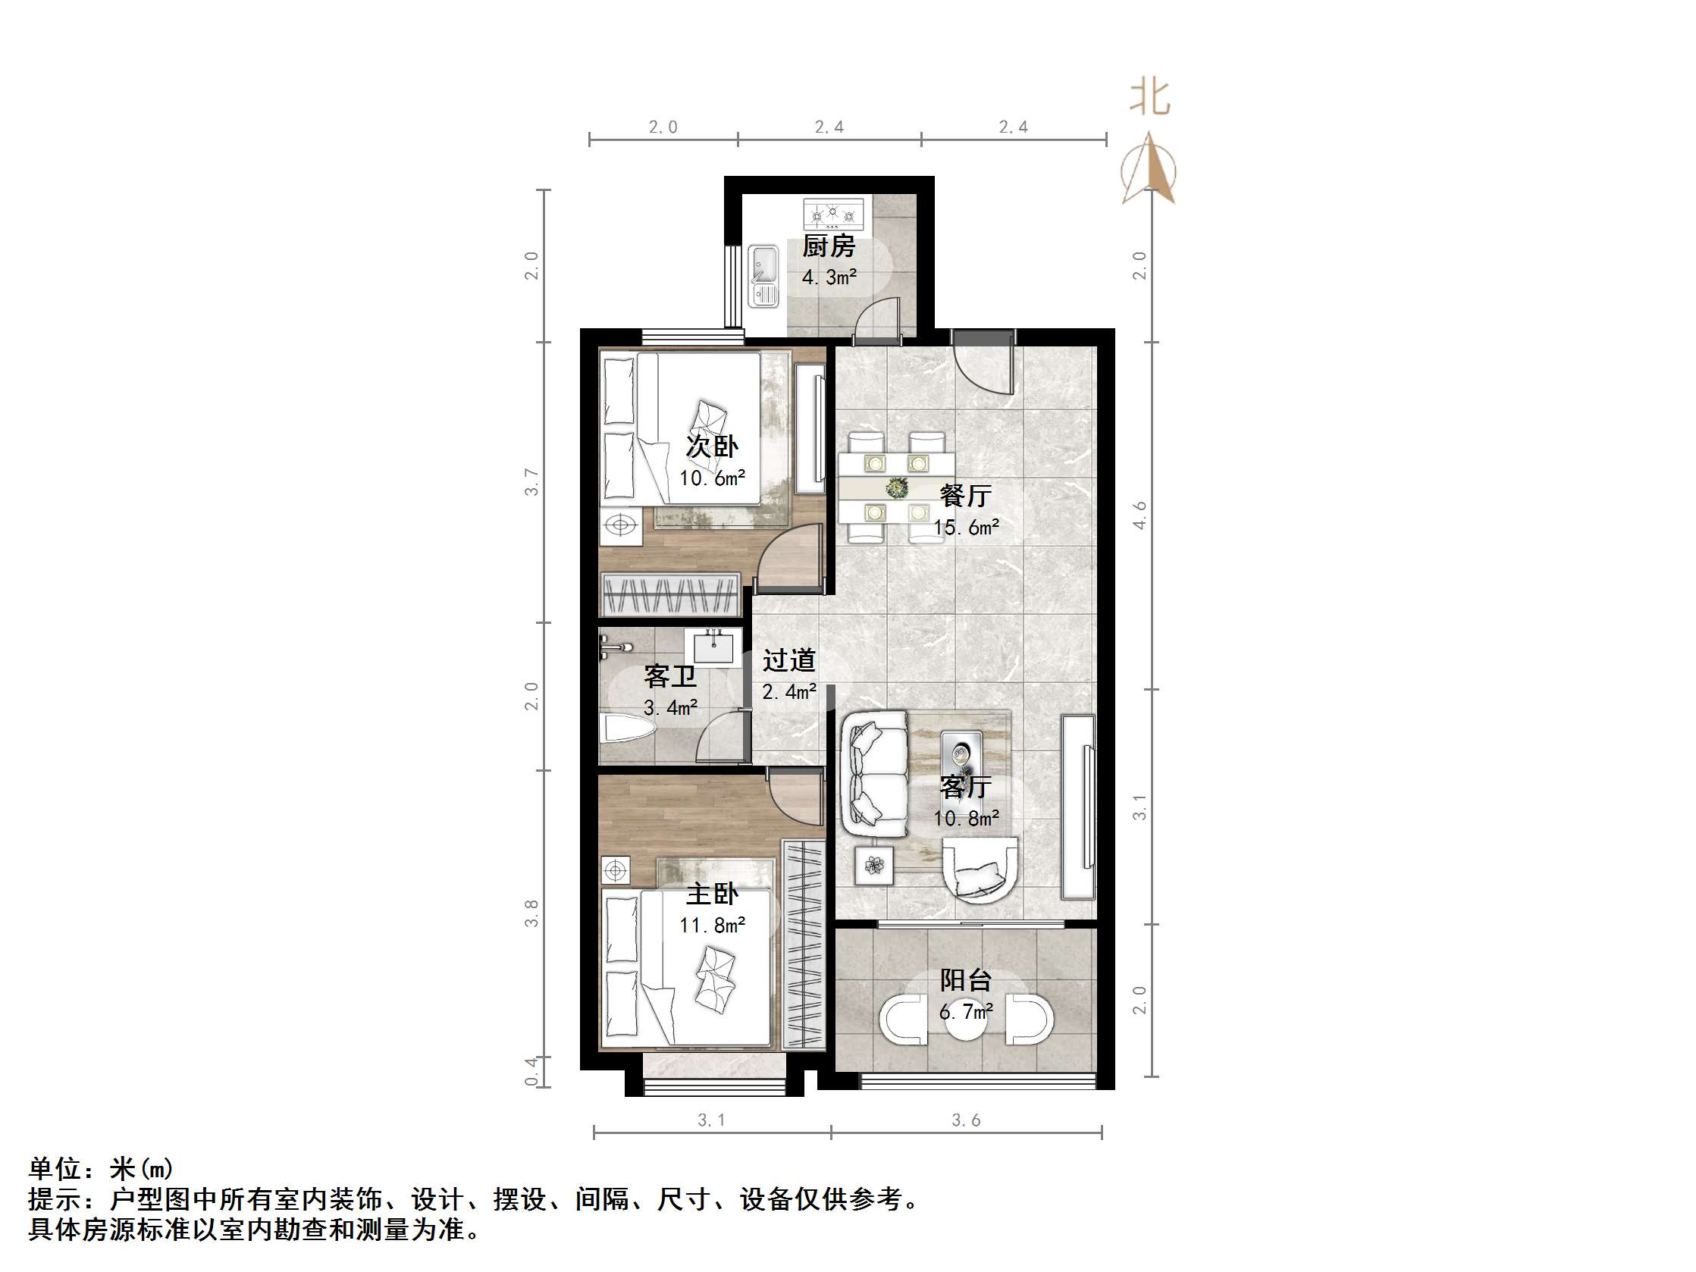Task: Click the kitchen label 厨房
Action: coord(828,247)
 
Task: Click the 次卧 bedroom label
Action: coord(711,446)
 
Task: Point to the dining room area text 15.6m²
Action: coord(966,528)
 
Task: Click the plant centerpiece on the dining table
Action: coord(896,487)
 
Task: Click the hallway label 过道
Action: coord(788,660)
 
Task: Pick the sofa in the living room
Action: coord(874,775)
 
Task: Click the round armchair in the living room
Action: coord(980,869)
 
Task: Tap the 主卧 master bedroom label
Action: coord(711,894)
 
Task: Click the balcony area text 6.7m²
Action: coord(966,1012)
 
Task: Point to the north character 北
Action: coord(1150,98)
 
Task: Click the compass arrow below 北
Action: coord(1149,169)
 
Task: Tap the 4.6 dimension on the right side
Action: coord(1140,515)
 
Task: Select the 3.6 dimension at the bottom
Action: coord(966,1120)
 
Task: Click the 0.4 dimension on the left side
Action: coord(531,1071)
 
